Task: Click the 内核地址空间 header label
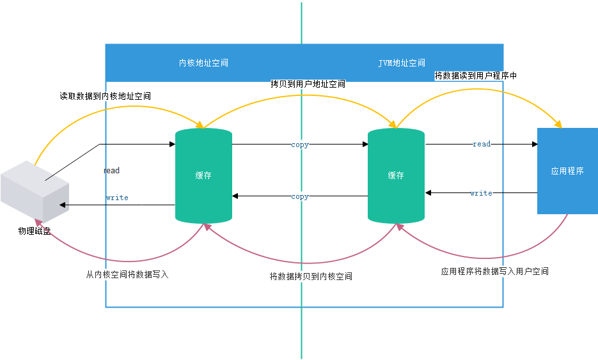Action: (203, 63)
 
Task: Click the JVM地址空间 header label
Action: (402, 63)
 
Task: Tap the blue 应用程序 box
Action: (567, 171)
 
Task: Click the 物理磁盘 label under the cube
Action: (35, 231)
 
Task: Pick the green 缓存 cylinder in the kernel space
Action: (203, 175)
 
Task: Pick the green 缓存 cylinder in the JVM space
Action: (396, 175)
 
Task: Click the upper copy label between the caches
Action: (300, 145)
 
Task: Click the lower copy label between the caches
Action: (300, 196)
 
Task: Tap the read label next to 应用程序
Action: (482, 144)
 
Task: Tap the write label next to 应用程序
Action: (481, 192)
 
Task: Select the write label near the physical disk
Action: (117, 198)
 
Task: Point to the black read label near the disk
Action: (111, 171)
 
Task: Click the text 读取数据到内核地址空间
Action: (106, 96)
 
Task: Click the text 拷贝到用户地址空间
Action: (308, 84)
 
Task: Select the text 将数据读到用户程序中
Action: (475, 75)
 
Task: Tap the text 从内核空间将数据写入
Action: (127, 274)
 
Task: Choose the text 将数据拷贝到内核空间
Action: (311, 276)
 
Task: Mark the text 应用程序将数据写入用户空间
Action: (494, 271)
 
